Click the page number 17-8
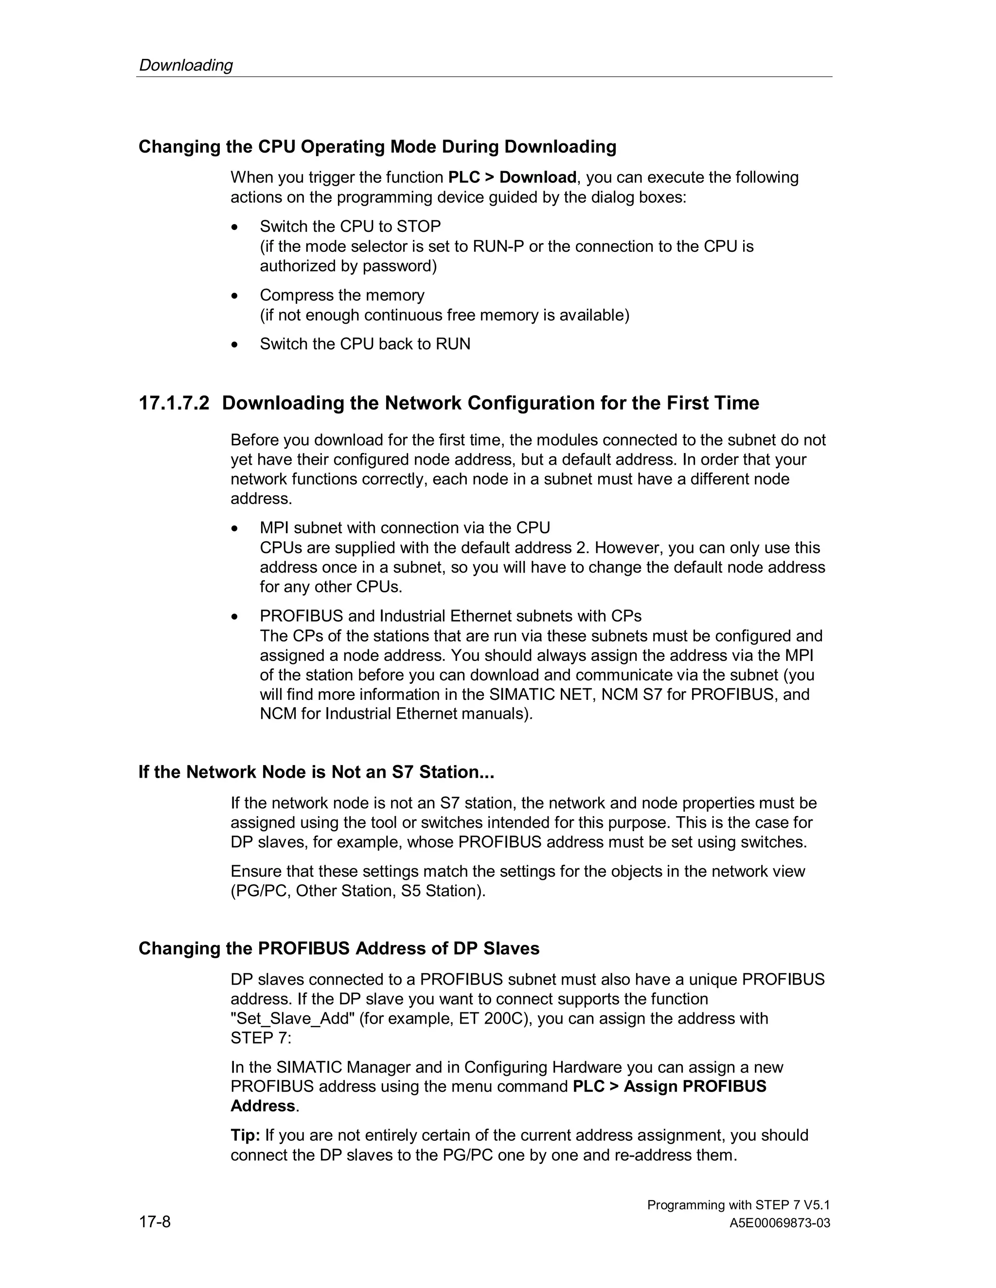pos(155,1221)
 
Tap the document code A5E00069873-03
pos(780,1223)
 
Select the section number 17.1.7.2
pos(174,403)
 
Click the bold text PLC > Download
pos(512,177)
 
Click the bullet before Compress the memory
pos(235,296)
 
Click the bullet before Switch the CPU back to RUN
pos(235,345)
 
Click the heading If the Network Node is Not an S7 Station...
pos(316,772)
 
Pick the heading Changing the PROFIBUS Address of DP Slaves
pos(338,948)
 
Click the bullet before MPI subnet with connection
pos(235,528)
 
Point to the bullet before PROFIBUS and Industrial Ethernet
pos(235,617)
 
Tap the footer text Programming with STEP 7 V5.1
pos(738,1205)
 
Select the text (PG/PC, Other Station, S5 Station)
pos(357,891)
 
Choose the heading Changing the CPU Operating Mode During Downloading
pos(377,147)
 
